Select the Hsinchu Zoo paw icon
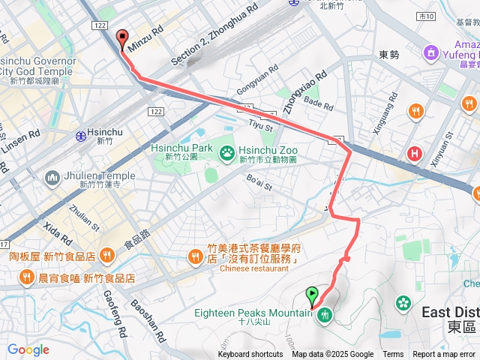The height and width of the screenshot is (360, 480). tap(226, 154)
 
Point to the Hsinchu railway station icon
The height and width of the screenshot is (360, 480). tap(80, 136)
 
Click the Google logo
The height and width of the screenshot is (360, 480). tap(28, 349)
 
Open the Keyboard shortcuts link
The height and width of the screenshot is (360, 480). tap(250, 355)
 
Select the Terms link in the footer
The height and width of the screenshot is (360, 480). tap(393, 355)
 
